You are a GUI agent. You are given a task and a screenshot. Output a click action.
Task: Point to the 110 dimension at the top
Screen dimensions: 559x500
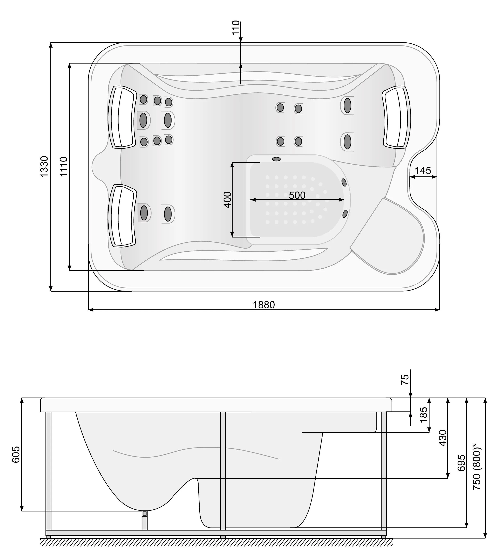[x=236, y=27]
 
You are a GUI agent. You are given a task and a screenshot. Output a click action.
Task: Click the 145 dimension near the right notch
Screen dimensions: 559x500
[x=423, y=171]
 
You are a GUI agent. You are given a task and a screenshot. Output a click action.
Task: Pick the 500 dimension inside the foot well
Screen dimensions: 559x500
[x=297, y=195]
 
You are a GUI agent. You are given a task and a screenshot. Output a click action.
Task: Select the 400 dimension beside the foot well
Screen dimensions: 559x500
[x=228, y=200]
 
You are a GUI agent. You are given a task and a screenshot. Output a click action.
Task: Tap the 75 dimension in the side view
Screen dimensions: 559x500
[x=405, y=380]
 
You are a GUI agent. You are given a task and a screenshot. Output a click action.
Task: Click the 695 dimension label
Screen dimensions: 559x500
[x=461, y=463]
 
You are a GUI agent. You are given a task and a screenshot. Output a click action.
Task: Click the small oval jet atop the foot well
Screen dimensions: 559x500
[x=276, y=159]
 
